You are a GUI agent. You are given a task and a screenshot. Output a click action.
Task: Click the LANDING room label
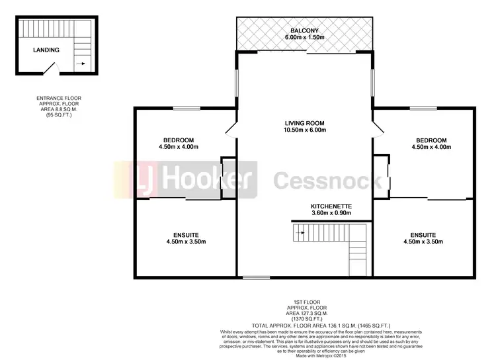tap(46, 50)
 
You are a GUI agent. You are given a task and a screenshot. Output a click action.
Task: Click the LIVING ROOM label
tap(306, 123)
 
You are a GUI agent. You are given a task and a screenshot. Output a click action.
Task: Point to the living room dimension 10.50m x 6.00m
tap(306, 130)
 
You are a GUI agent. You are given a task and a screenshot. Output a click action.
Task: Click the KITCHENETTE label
tap(331, 206)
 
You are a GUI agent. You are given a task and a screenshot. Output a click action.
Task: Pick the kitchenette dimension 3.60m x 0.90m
tap(331, 214)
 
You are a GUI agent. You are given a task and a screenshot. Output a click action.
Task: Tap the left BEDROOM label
tap(179, 140)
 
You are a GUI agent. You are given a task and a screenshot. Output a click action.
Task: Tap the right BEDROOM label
tap(431, 140)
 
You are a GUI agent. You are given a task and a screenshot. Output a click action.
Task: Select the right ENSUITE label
tap(422, 235)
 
